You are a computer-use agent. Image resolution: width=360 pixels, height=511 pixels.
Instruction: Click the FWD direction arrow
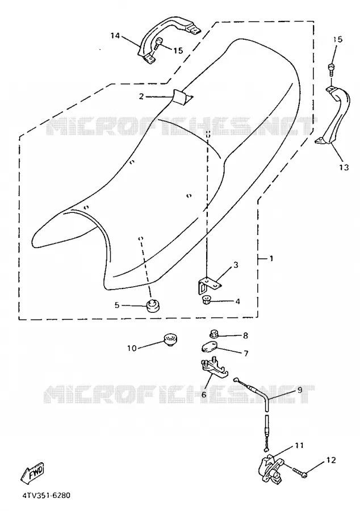(x=33, y=472)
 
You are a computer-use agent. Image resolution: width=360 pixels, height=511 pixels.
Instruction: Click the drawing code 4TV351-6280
(x=46, y=496)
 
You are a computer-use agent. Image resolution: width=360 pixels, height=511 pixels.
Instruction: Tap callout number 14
(x=115, y=36)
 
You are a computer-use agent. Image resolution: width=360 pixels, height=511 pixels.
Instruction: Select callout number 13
(x=344, y=167)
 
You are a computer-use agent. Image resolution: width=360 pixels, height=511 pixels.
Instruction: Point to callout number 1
(x=271, y=259)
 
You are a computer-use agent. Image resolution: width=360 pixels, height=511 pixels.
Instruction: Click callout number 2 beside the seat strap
(x=141, y=96)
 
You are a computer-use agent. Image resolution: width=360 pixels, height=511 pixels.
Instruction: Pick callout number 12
(x=330, y=460)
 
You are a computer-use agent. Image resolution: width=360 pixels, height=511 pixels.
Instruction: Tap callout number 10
(x=132, y=349)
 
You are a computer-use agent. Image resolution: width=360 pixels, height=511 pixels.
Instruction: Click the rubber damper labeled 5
(x=151, y=306)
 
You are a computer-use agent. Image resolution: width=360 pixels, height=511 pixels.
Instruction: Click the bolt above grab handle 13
(x=330, y=70)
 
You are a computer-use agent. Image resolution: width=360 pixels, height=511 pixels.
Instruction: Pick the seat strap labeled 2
(x=182, y=97)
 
